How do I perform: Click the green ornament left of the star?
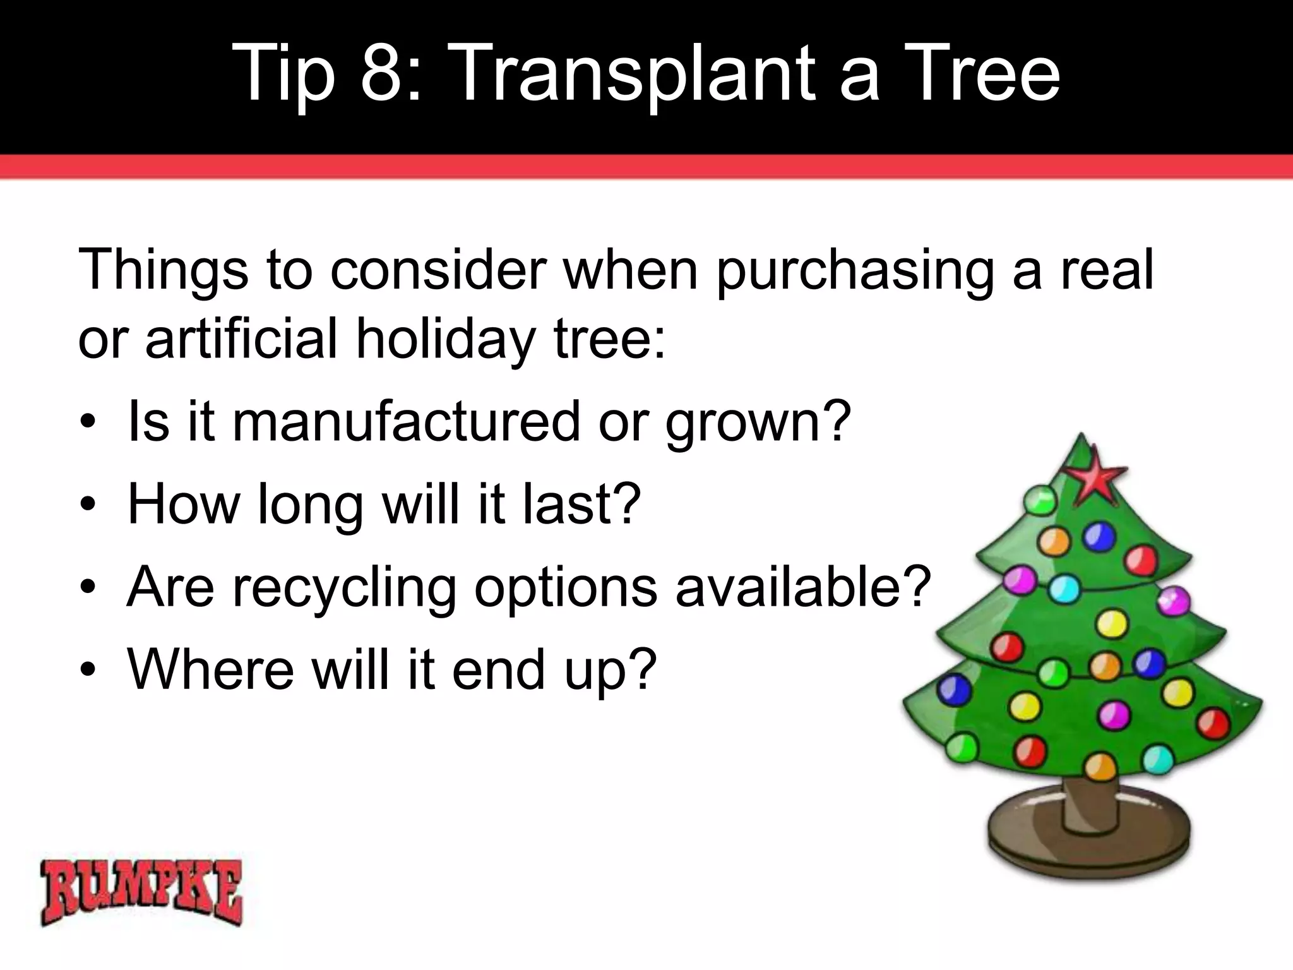pos(1039,501)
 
